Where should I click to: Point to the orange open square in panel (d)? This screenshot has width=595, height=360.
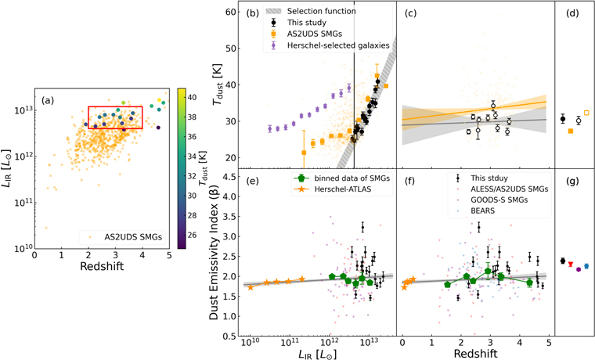pyautogui.click(x=587, y=113)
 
